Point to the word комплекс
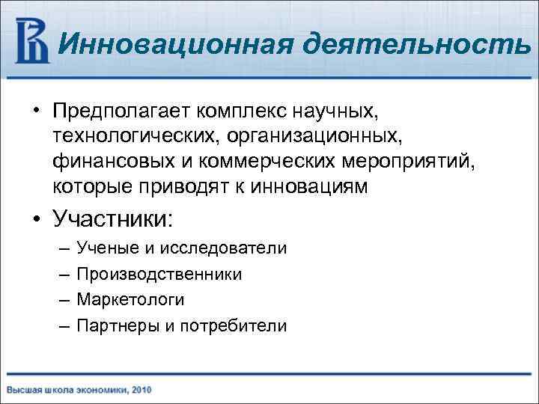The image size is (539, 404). point(243,111)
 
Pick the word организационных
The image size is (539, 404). point(300,136)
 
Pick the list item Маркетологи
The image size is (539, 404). point(130,299)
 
